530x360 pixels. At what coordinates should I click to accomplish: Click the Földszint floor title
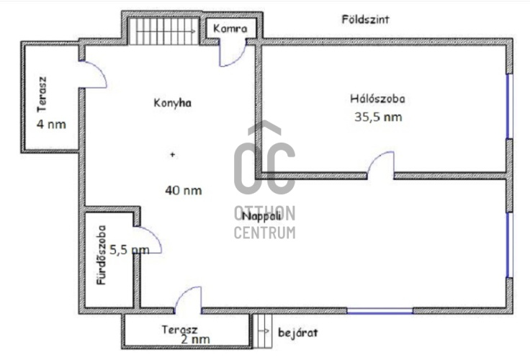click(x=365, y=20)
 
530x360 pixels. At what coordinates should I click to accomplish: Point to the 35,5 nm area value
click(x=378, y=117)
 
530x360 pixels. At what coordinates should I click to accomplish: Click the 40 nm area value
click(x=183, y=191)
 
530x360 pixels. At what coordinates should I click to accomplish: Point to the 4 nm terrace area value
click(x=50, y=124)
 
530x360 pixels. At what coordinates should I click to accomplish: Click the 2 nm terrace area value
click(x=196, y=338)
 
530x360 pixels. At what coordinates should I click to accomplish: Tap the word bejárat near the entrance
click(x=295, y=333)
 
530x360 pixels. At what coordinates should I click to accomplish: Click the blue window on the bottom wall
click(x=379, y=311)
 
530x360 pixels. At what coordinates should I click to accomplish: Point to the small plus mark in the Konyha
click(x=171, y=154)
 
